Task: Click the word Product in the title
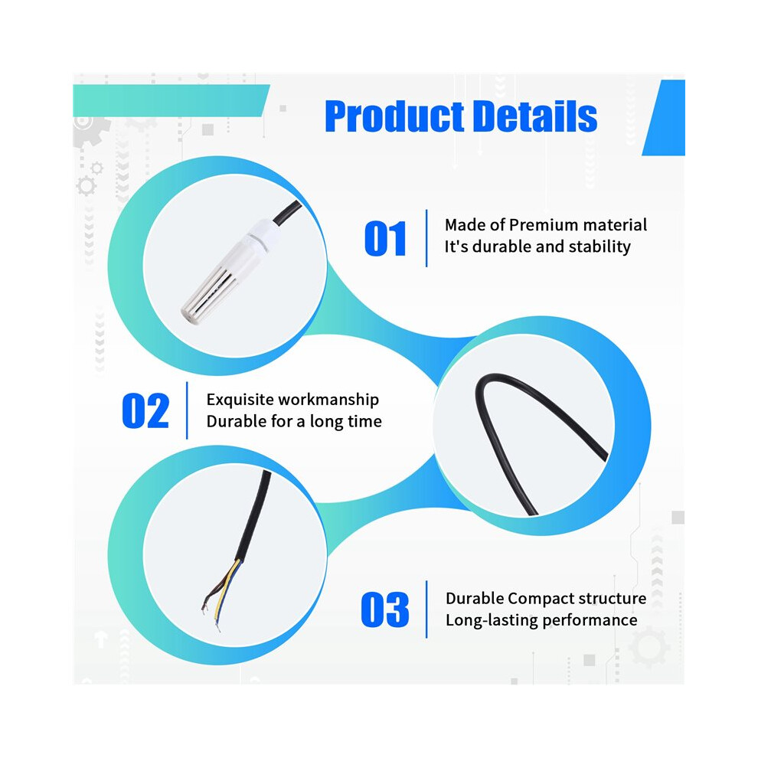[395, 116]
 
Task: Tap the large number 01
[385, 238]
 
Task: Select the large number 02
[145, 411]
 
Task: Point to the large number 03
[385, 609]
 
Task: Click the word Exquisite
[240, 400]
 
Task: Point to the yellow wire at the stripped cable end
[226, 586]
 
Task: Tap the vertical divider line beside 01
[426, 238]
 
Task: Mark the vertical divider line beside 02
[187, 410]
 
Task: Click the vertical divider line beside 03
[426, 609]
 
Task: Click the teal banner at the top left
[171, 100]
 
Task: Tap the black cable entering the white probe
[287, 213]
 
